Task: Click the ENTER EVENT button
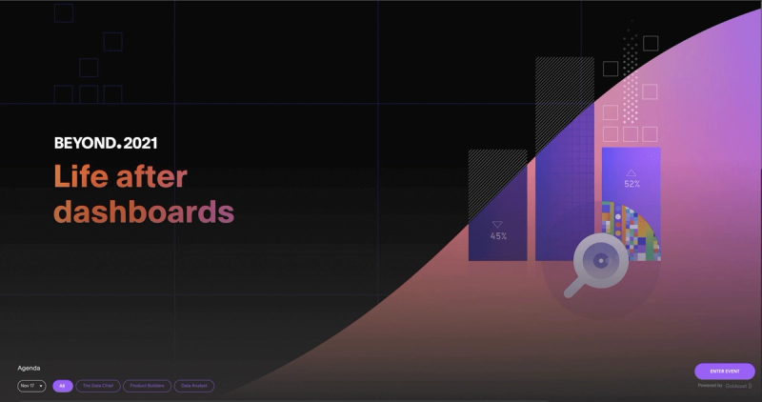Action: [x=725, y=371]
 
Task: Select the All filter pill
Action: [x=63, y=386]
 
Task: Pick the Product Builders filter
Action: [x=147, y=386]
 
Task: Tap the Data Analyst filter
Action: [x=194, y=386]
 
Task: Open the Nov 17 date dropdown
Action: [x=31, y=386]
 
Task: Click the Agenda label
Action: [x=29, y=368]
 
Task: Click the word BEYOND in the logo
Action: [x=85, y=143]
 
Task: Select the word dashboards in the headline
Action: [x=143, y=211]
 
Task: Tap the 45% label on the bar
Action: [x=498, y=236]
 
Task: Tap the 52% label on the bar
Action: [x=632, y=184]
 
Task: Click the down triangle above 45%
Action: [x=497, y=225]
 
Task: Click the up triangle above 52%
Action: [x=631, y=172]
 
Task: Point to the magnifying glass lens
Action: [x=601, y=259]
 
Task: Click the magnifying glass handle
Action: [x=573, y=287]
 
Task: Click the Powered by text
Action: [x=710, y=386]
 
